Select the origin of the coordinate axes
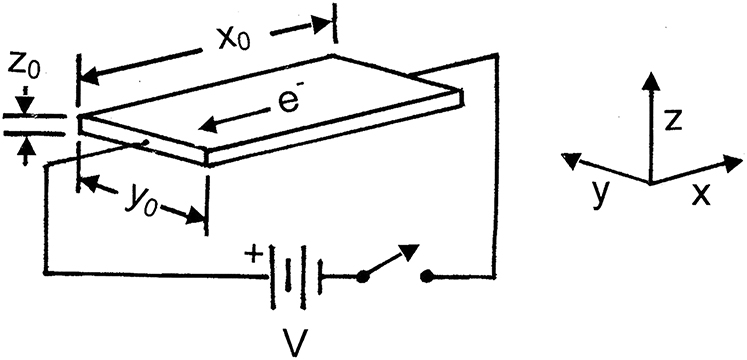(x=652, y=182)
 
